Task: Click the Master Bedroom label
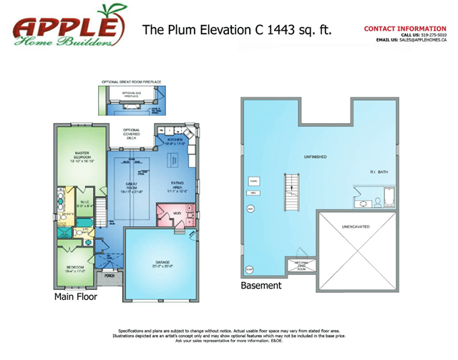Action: [82, 157]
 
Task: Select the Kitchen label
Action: [176, 142]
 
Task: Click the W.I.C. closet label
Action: [84, 204]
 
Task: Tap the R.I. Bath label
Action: [378, 172]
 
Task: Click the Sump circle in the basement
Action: [250, 269]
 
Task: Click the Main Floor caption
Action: [75, 296]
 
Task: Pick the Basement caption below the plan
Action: [260, 286]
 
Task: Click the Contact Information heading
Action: [405, 29]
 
